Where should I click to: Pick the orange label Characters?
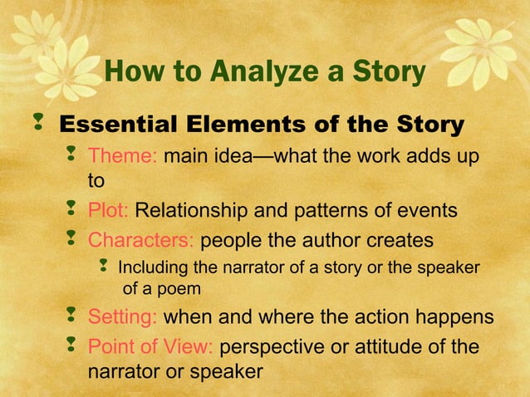141,241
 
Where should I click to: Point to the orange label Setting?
124,317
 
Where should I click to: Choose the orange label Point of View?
152,346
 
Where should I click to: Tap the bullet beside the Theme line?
71,154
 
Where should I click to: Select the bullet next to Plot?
71,210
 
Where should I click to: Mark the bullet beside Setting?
71,316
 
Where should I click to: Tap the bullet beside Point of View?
71,346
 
